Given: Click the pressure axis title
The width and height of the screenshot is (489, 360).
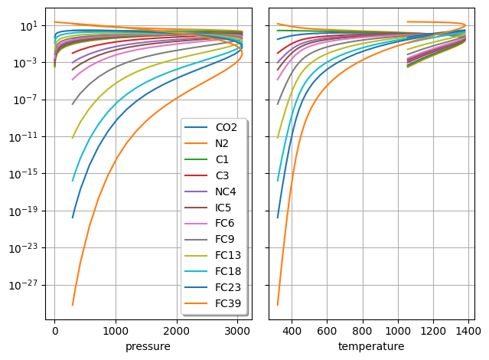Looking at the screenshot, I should [148, 347].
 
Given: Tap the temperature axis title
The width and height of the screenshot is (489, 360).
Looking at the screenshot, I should [371, 347].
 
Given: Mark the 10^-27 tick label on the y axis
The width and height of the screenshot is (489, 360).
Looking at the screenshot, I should [24, 285].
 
